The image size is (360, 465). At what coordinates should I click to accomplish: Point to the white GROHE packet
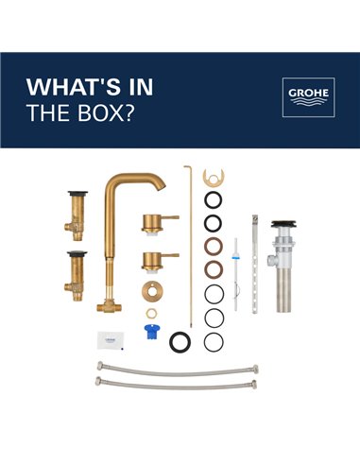click(111, 338)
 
